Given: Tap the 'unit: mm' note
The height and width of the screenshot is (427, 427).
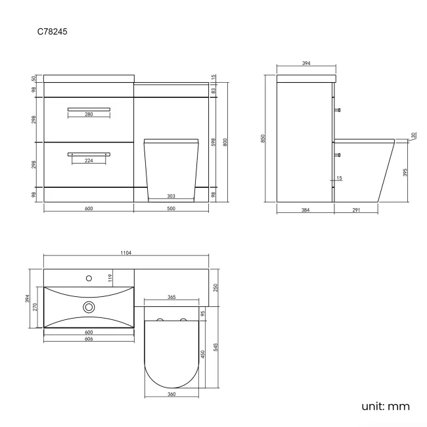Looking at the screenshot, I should (x=386, y=406).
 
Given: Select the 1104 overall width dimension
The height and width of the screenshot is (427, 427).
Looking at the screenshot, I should (x=127, y=253).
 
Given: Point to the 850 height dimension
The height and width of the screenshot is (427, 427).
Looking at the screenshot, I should (x=263, y=139).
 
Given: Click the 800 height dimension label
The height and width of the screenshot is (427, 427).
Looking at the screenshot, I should (x=225, y=141).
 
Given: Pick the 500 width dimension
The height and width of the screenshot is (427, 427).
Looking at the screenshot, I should (x=171, y=208).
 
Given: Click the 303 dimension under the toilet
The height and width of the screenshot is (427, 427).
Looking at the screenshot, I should (x=171, y=196).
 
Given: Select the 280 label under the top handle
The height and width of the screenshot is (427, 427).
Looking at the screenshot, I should (x=89, y=115).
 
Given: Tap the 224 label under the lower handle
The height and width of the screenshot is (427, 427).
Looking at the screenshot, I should (x=89, y=160).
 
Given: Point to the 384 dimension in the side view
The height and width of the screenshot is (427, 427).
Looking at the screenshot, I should (x=305, y=210).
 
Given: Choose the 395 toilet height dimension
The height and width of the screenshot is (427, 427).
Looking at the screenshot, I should (x=405, y=172).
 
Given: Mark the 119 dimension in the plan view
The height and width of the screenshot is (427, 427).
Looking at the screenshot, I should (x=111, y=277).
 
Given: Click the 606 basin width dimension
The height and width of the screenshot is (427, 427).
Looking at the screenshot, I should (x=89, y=339).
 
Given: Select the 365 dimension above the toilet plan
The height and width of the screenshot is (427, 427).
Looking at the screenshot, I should (x=171, y=298).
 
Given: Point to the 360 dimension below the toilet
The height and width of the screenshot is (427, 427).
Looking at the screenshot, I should (x=171, y=394).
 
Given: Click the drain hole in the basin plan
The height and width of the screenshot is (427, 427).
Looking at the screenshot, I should (x=89, y=306).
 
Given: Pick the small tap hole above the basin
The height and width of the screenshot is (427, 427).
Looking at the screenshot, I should (x=89, y=278).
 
